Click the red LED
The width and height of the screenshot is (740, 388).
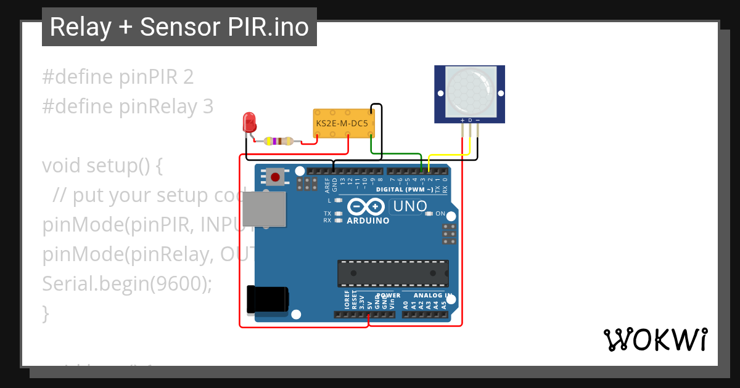pyautogui.click(x=249, y=121)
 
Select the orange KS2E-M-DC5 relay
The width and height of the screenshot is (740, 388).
pyautogui.click(x=343, y=124)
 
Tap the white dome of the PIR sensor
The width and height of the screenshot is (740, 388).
pyautogui.click(x=470, y=92)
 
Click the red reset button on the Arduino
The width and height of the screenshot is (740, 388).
pyautogui.click(x=275, y=177)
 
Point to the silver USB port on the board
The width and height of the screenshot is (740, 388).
pyautogui.click(x=264, y=209)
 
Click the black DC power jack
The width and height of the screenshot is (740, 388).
pyautogui.click(x=266, y=299)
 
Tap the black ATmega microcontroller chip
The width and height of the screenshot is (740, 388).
pyautogui.click(x=392, y=273)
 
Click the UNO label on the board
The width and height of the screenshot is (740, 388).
pyautogui.click(x=410, y=206)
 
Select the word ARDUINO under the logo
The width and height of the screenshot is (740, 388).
pyautogui.click(x=368, y=220)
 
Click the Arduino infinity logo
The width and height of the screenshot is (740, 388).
pyautogui.click(x=368, y=206)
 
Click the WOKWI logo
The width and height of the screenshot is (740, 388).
pyautogui.click(x=655, y=339)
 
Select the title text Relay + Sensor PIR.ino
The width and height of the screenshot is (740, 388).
pyautogui.click(x=179, y=27)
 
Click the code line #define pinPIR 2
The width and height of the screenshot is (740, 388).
pyautogui.click(x=118, y=77)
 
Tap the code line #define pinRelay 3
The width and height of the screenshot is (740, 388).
pyautogui.click(x=128, y=107)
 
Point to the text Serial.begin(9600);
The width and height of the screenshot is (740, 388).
pyautogui.click(x=127, y=284)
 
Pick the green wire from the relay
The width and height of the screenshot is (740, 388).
pyautogui.click(x=395, y=154)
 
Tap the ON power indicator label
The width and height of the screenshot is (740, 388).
pyautogui.click(x=440, y=214)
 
